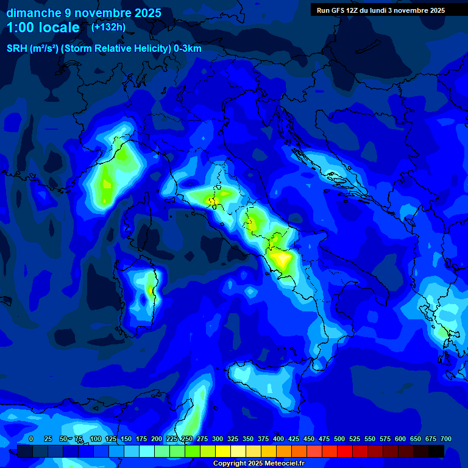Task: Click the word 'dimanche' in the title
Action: coord(34,13)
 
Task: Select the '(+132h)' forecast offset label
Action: coord(108,27)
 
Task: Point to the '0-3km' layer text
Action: coord(188,49)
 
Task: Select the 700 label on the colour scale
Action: coord(445,439)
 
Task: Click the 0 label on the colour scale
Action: coord(31,439)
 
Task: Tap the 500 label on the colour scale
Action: coord(324,439)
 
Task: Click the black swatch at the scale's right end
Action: coord(436,452)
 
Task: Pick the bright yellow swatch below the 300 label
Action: coord(223,452)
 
